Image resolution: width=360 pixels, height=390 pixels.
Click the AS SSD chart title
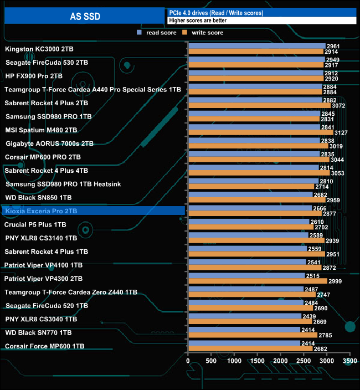84,16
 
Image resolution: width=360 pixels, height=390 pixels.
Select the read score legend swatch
140,33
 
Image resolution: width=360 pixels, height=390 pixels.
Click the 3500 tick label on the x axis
349,361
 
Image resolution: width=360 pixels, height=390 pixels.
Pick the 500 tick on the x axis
211,361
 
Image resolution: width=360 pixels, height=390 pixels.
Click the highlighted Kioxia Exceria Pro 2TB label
40,211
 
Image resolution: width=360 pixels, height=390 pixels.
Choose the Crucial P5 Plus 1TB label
35,225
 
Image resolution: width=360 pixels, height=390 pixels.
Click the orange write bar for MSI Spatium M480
260,132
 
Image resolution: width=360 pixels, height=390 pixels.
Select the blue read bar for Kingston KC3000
256,46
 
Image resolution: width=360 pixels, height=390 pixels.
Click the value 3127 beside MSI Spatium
341,132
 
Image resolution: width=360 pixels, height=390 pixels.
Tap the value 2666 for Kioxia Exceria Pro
320,208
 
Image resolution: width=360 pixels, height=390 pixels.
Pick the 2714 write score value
322,187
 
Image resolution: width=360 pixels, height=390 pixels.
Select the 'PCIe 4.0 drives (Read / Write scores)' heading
216,13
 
